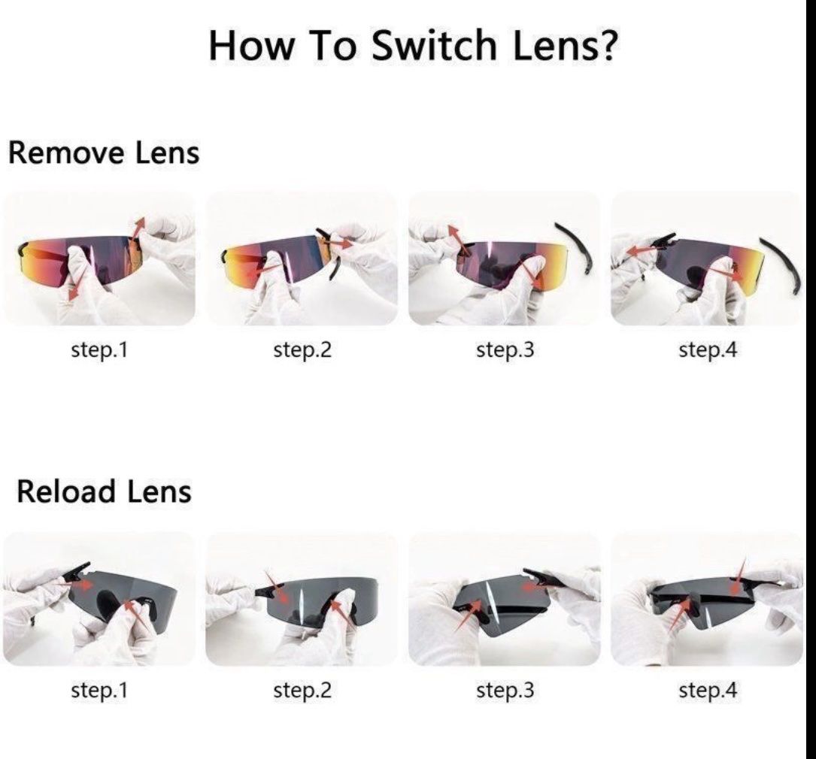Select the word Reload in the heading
click(x=65, y=491)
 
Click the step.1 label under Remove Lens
click(x=99, y=349)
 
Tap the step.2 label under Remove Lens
click(x=302, y=349)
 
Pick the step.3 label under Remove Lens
click(x=505, y=349)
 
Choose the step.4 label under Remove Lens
click(x=708, y=349)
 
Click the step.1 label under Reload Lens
click(x=99, y=691)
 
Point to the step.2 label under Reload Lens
click(x=302, y=691)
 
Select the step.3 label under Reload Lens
click(x=505, y=691)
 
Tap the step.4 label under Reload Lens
click(x=708, y=691)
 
